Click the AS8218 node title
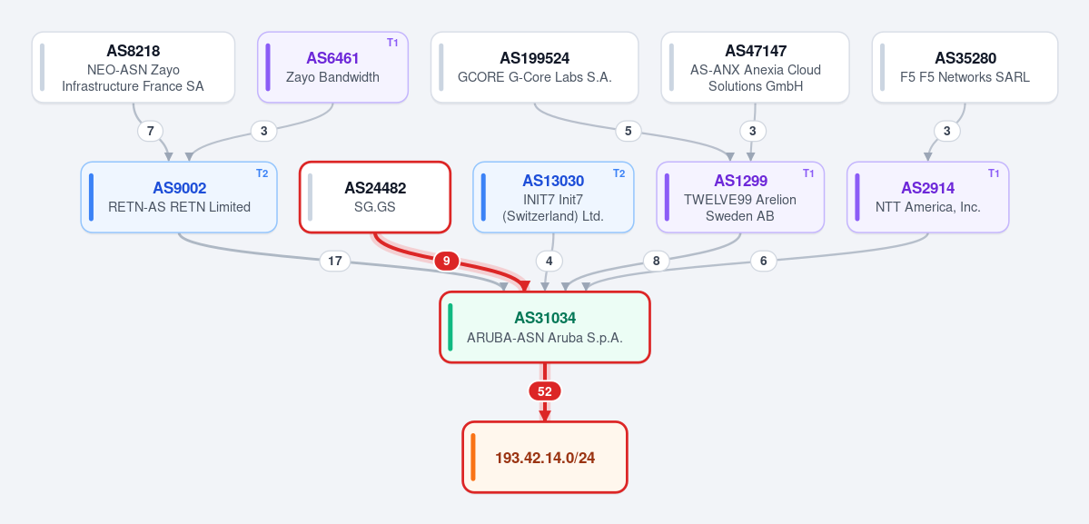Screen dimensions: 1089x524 134,51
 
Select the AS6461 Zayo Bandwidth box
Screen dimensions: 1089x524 332,67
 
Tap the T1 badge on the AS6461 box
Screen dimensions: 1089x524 392,43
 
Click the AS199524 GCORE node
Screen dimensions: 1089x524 535,67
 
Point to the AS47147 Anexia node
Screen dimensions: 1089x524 755,67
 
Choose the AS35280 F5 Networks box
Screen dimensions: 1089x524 965,67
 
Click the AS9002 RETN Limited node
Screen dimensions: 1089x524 179,197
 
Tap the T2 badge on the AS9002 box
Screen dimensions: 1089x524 262,173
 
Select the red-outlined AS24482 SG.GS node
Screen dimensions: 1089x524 375,197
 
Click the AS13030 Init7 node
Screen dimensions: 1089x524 553,197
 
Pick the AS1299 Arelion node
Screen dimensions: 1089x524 740,197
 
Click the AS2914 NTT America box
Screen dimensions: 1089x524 928,197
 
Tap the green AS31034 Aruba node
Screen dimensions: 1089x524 545,327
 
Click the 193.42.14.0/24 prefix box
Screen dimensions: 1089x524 545,458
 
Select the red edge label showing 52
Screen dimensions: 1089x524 545,391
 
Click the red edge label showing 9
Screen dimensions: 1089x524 447,261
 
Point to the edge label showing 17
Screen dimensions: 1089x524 335,261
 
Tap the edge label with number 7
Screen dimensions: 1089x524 151,131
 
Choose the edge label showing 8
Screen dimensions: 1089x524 657,261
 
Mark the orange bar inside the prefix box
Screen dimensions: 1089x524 473,458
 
